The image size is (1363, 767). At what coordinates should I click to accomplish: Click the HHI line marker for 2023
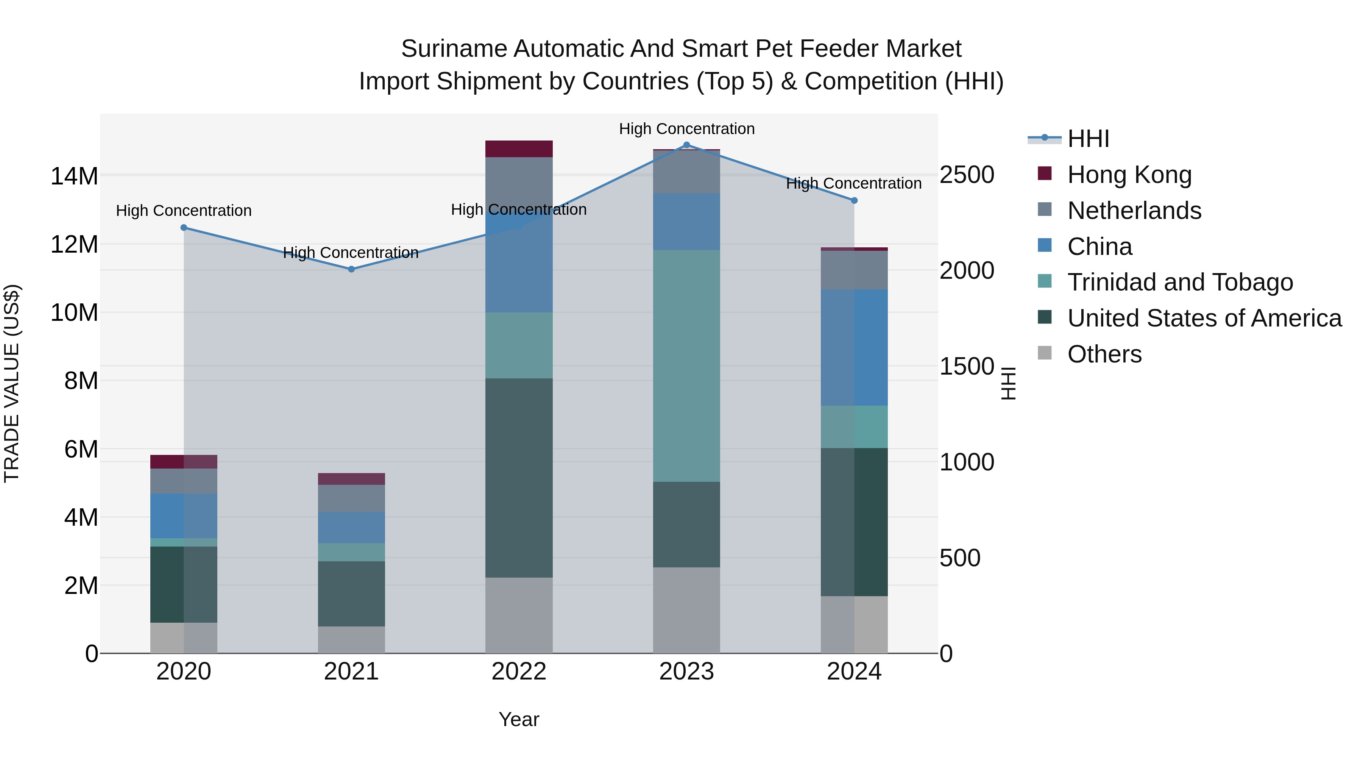[686, 145]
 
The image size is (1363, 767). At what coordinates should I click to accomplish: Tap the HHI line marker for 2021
[351, 269]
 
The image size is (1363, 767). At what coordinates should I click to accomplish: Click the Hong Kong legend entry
[1129, 175]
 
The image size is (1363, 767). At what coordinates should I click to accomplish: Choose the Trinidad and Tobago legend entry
[1179, 282]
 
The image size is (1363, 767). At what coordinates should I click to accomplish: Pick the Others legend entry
[1104, 354]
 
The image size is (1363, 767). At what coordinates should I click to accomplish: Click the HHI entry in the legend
[1087, 139]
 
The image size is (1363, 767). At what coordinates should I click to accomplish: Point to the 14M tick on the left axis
[74, 176]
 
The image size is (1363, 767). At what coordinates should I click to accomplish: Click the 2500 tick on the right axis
[967, 175]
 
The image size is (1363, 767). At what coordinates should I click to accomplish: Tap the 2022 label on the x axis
[519, 672]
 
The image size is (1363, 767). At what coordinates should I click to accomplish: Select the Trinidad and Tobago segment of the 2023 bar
[686, 365]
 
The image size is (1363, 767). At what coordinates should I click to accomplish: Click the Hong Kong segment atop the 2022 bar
[519, 149]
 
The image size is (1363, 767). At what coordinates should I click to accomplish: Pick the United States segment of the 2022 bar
[519, 478]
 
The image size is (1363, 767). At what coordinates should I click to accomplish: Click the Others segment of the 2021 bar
[351, 639]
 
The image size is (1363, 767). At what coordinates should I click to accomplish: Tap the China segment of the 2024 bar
[854, 347]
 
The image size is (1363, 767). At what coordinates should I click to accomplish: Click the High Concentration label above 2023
[686, 129]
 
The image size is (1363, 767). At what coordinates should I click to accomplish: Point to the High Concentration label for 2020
[184, 211]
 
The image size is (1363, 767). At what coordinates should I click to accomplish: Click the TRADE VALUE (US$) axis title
[12, 383]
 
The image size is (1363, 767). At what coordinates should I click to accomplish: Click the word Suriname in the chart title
[454, 49]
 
